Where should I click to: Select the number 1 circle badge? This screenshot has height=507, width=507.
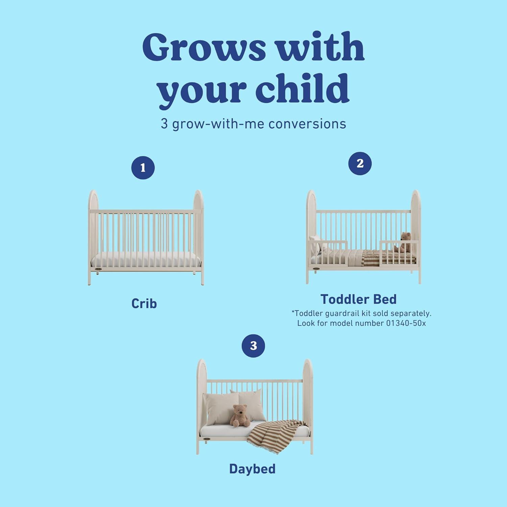coord(143,168)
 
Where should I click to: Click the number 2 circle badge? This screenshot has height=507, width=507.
coord(360,164)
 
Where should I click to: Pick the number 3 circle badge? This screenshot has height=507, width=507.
coord(254,345)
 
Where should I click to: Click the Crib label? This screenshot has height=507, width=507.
coord(144,304)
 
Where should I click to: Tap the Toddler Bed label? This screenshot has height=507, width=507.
coord(359,299)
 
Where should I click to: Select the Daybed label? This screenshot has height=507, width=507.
coord(252,469)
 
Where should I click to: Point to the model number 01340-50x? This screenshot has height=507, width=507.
coord(406,323)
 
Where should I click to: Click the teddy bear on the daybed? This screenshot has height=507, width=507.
coord(239,415)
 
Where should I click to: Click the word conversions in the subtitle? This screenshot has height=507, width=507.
coord(307,124)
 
